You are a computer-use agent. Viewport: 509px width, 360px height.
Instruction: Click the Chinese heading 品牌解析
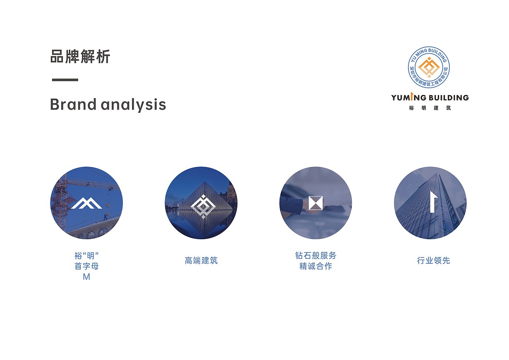pos(80,57)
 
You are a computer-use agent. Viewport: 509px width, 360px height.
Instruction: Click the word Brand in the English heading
pos(73,105)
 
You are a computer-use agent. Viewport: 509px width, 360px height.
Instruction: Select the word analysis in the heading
pos(133,105)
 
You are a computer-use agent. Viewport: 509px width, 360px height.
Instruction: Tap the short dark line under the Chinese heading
pos(65,80)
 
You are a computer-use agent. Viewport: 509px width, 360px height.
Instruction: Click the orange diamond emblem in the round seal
pos(429,67)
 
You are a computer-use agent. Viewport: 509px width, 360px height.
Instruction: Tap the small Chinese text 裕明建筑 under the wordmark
pos(430,108)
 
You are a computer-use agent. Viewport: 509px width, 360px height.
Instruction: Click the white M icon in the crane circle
pos(87,203)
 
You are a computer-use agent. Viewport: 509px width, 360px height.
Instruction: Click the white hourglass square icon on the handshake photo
pos(316,203)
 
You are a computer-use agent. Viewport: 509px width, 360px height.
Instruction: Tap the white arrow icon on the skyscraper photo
pos(433,202)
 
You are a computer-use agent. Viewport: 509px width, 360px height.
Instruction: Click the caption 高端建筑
pos(201,261)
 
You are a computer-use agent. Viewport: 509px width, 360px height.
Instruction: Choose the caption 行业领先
pos(433,261)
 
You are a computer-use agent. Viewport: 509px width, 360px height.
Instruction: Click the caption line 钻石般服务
pos(316,255)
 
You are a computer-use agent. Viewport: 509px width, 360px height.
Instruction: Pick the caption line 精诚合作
pos(316,266)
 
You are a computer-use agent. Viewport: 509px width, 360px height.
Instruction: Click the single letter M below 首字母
pos(86,277)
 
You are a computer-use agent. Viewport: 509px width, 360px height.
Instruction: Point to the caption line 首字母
pos(86,266)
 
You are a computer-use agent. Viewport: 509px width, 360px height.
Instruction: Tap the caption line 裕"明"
pos(86,255)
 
